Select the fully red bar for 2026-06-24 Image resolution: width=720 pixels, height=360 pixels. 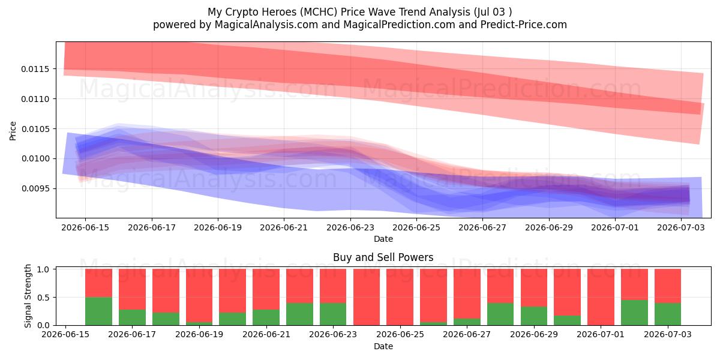tap(367, 297)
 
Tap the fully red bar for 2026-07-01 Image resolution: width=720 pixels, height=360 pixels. tap(601, 297)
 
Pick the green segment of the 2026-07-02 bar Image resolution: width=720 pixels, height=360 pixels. tap(634, 313)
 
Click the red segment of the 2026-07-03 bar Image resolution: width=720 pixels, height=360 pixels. tap(668, 286)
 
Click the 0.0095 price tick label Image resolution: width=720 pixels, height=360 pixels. tap(35, 188)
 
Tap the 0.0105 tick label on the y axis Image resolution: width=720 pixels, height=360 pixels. tap(35, 129)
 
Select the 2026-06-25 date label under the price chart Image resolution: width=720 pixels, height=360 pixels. tap(416, 227)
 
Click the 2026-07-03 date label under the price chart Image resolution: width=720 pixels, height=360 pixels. tap(681, 227)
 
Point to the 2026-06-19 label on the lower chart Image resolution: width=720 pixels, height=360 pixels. tap(199, 334)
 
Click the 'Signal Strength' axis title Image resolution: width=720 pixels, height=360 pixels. tap(28, 296)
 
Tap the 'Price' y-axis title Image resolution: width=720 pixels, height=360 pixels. tap(13, 131)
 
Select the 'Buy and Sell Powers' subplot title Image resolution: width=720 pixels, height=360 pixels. tap(383, 257)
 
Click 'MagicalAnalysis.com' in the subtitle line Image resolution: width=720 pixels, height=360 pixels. tap(266, 25)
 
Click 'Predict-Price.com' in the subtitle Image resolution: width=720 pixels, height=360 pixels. tap(524, 25)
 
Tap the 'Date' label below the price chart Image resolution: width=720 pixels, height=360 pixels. tap(383, 239)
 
